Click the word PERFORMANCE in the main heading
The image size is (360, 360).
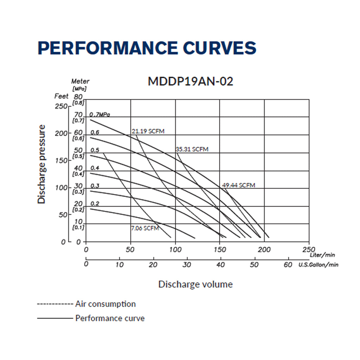point(108,48)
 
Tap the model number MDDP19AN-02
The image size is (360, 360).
point(190,81)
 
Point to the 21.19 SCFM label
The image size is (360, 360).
point(148,131)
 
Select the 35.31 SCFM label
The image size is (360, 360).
point(192,149)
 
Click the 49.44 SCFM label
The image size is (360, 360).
point(239,185)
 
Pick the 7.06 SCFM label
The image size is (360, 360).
point(145,228)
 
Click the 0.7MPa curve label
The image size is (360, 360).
point(99,114)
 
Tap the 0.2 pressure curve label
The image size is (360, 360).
point(95,204)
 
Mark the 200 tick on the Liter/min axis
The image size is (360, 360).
point(264,250)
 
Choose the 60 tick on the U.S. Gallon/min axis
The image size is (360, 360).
point(288,265)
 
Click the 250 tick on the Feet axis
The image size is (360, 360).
point(61,106)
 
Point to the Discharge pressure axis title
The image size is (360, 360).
point(41,164)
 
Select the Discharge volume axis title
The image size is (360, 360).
point(195,284)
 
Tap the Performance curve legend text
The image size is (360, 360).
point(110,318)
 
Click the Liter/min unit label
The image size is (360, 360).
point(322,255)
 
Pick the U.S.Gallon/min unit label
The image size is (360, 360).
point(318,265)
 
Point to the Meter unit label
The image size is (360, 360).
point(80,81)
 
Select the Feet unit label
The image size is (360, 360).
point(61,96)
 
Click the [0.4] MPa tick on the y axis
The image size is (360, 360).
point(78,174)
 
